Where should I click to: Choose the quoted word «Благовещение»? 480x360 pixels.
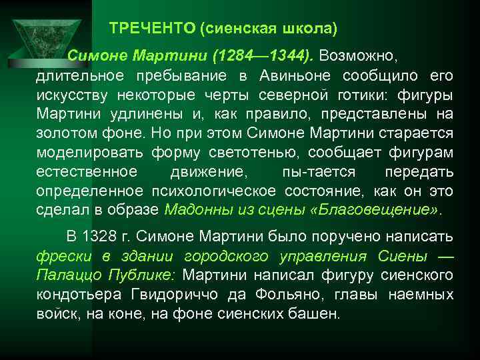pos(377,210)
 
